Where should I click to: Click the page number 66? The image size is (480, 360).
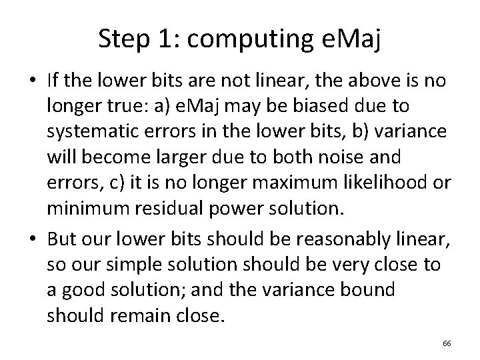tap(447, 343)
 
